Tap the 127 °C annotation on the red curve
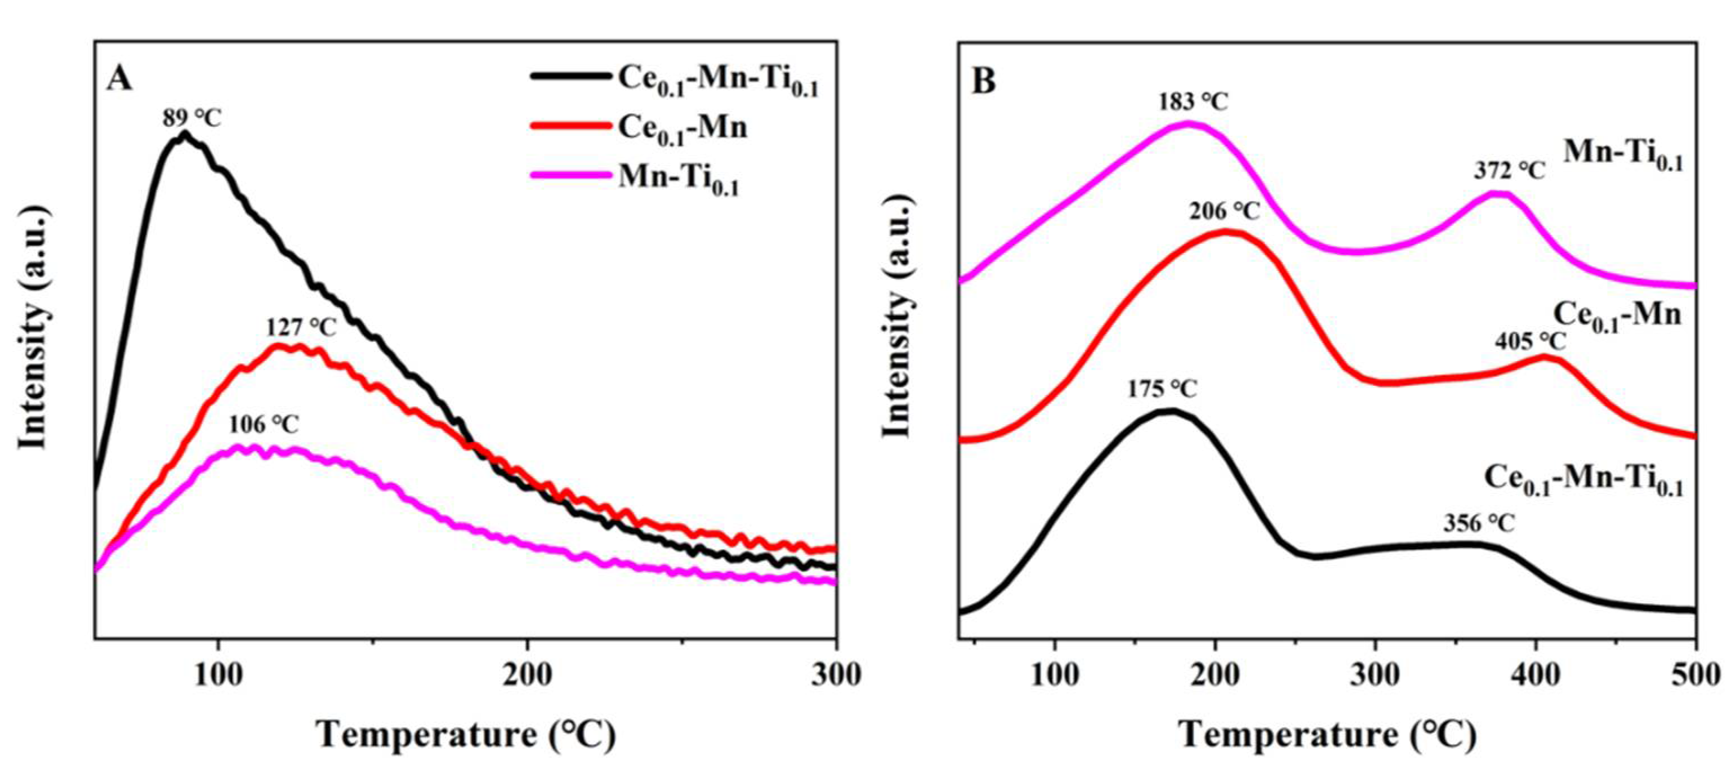point(301,328)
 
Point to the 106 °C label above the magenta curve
point(264,425)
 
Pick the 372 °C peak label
point(1509,171)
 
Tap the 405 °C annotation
point(1530,342)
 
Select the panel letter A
point(119,79)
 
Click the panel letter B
point(984,82)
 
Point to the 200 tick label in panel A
point(526,675)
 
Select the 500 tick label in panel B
point(1695,675)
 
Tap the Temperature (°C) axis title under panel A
point(466,735)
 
